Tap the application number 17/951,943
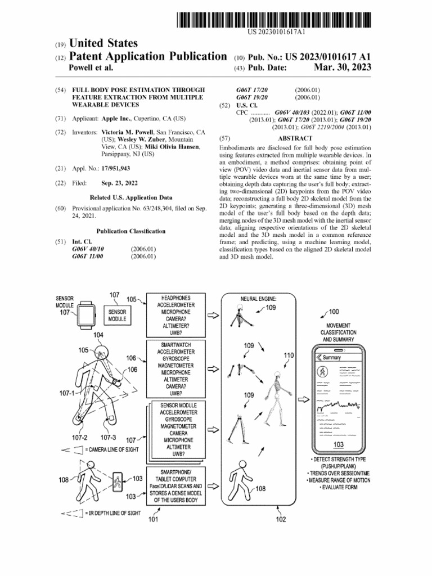pyautogui.click(x=116, y=168)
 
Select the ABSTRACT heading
pyautogui.click(x=295, y=138)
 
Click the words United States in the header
pyautogui.click(x=103, y=44)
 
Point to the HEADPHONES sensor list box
pyautogui.click(x=175, y=314)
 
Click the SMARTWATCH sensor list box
pyautogui.click(x=175, y=368)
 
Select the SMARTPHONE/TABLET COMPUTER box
pyautogui.click(x=175, y=485)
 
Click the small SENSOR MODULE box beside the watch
pyautogui.click(x=117, y=314)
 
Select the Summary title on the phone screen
pyautogui.click(x=331, y=358)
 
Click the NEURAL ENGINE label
pyautogui.click(x=258, y=299)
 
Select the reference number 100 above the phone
pyautogui.click(x=334, y=312)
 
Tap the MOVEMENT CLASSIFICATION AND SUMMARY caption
pyautogui.click(x=338, y=332)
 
